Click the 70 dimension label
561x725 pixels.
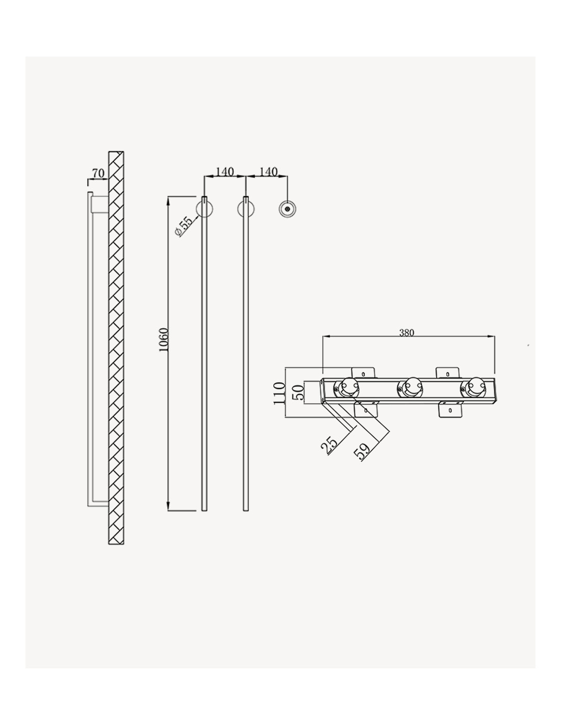98,173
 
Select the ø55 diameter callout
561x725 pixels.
184,227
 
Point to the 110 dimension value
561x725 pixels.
279,394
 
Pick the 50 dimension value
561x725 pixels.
298,393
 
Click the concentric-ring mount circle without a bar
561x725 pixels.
287,209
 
